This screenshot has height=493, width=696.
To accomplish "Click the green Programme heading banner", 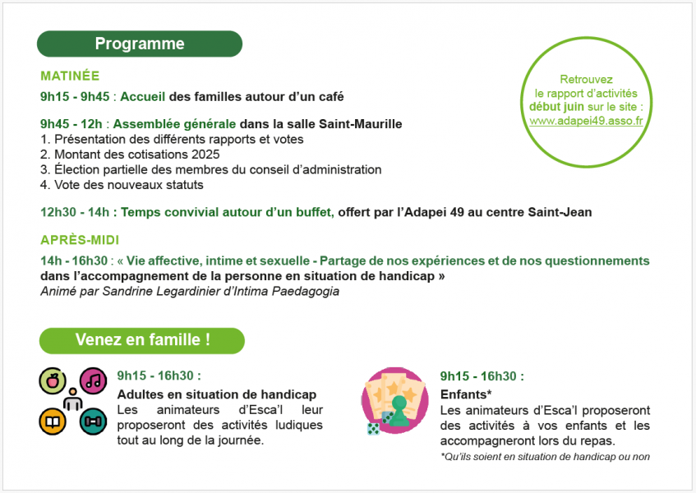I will tap(140, 44).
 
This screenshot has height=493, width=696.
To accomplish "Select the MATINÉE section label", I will tap(70, 76).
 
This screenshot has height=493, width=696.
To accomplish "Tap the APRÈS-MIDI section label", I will tap(80, 240).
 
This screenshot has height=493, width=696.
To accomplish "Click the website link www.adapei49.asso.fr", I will tap(586, 120).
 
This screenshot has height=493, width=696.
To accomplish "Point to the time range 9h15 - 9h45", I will tap(74, 96).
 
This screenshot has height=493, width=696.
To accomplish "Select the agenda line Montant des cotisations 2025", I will tap(136, 154).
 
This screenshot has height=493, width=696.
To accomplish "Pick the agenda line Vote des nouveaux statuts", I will tap(122, 185).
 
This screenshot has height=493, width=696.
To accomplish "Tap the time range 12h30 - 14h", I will tap(75, 212).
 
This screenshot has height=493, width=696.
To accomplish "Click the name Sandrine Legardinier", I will tap(162, 291).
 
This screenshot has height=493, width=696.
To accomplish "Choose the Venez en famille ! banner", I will tap(142, 340).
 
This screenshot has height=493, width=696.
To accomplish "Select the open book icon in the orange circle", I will tap(53, 421).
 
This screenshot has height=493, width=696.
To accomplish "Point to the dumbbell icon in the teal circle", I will tap(94, 421).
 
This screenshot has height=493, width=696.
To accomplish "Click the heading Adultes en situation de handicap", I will tap(217, 394).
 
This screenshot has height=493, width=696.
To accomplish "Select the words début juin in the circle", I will tap(557, 107).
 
